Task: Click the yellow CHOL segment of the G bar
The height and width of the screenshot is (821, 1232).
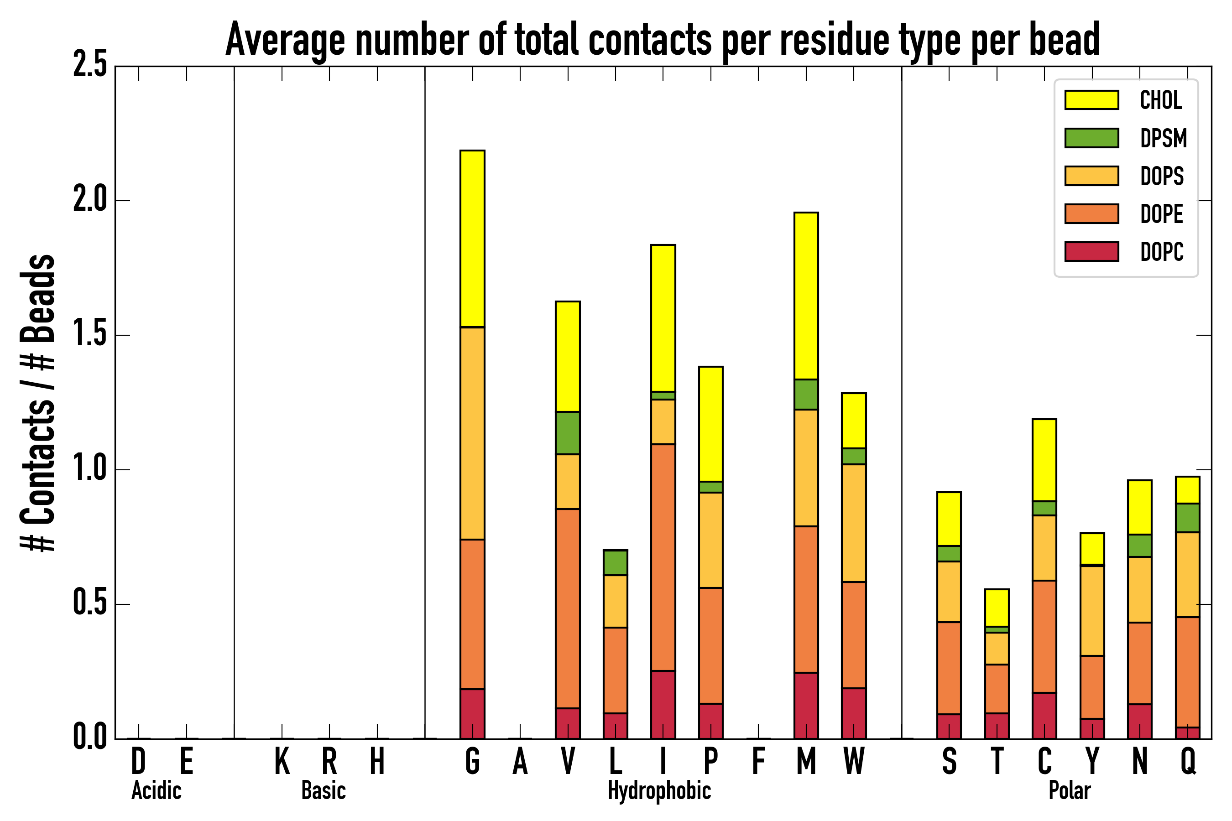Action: (x=472, y=238)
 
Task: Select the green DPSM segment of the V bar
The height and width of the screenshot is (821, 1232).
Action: (x=567, y=432)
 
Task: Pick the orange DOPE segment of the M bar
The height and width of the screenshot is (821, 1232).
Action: (x=806, y=599)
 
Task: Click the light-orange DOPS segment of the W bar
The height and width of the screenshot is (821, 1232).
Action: (x=853, y=523)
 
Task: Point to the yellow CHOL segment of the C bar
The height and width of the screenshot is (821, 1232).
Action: (x=1044, y=460)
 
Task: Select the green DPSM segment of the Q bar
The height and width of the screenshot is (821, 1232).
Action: (x=1187, y=517)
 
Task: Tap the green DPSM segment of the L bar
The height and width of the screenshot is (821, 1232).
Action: (x=615, y=562)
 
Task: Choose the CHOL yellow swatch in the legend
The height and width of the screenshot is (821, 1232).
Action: (x=1091, y=99)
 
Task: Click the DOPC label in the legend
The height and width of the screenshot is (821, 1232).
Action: (x=1161, y=252)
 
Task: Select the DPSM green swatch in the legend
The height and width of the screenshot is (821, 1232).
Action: (x=1091, y=138)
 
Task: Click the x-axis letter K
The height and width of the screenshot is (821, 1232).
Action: (x=282, y=761)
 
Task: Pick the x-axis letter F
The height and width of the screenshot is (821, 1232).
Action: (x=758, y=761)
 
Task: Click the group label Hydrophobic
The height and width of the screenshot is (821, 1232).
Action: (x=659, y=790)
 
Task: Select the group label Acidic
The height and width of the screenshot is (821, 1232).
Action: (x=156, y=790)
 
